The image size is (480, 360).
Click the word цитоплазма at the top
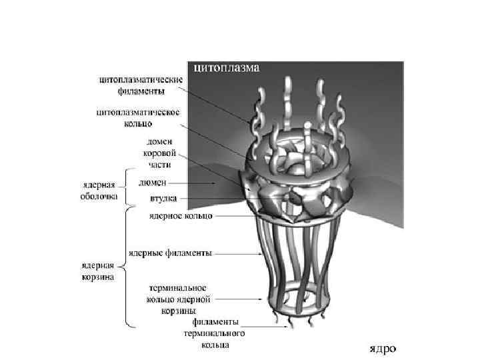click(227, 67)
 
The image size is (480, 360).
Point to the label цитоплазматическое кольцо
click(142, 117)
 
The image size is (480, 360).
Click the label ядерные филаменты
click(180, 253)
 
